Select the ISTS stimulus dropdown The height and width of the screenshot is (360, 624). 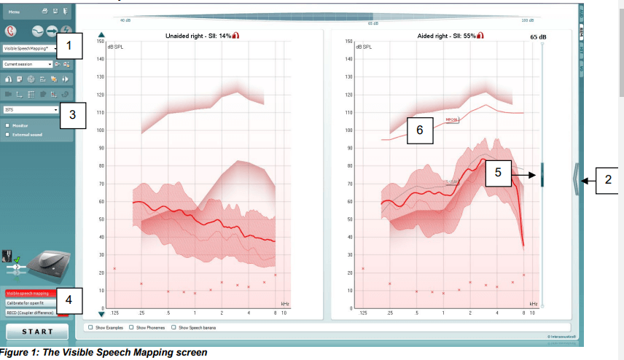pos(31,110)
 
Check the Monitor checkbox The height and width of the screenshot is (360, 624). pos(7,125)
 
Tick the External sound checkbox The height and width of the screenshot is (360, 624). pos(7,134)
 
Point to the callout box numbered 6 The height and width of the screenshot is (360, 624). pos(419,130)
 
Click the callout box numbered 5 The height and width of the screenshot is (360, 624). pos(498,173)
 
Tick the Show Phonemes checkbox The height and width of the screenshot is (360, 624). pos(131,328)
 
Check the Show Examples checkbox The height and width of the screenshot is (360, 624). pos(90,328)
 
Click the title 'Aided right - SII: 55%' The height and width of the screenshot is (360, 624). pos(439,35)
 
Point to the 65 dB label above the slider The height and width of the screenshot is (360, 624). pos(538,36)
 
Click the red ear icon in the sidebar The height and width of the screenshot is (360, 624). pos(11,31)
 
